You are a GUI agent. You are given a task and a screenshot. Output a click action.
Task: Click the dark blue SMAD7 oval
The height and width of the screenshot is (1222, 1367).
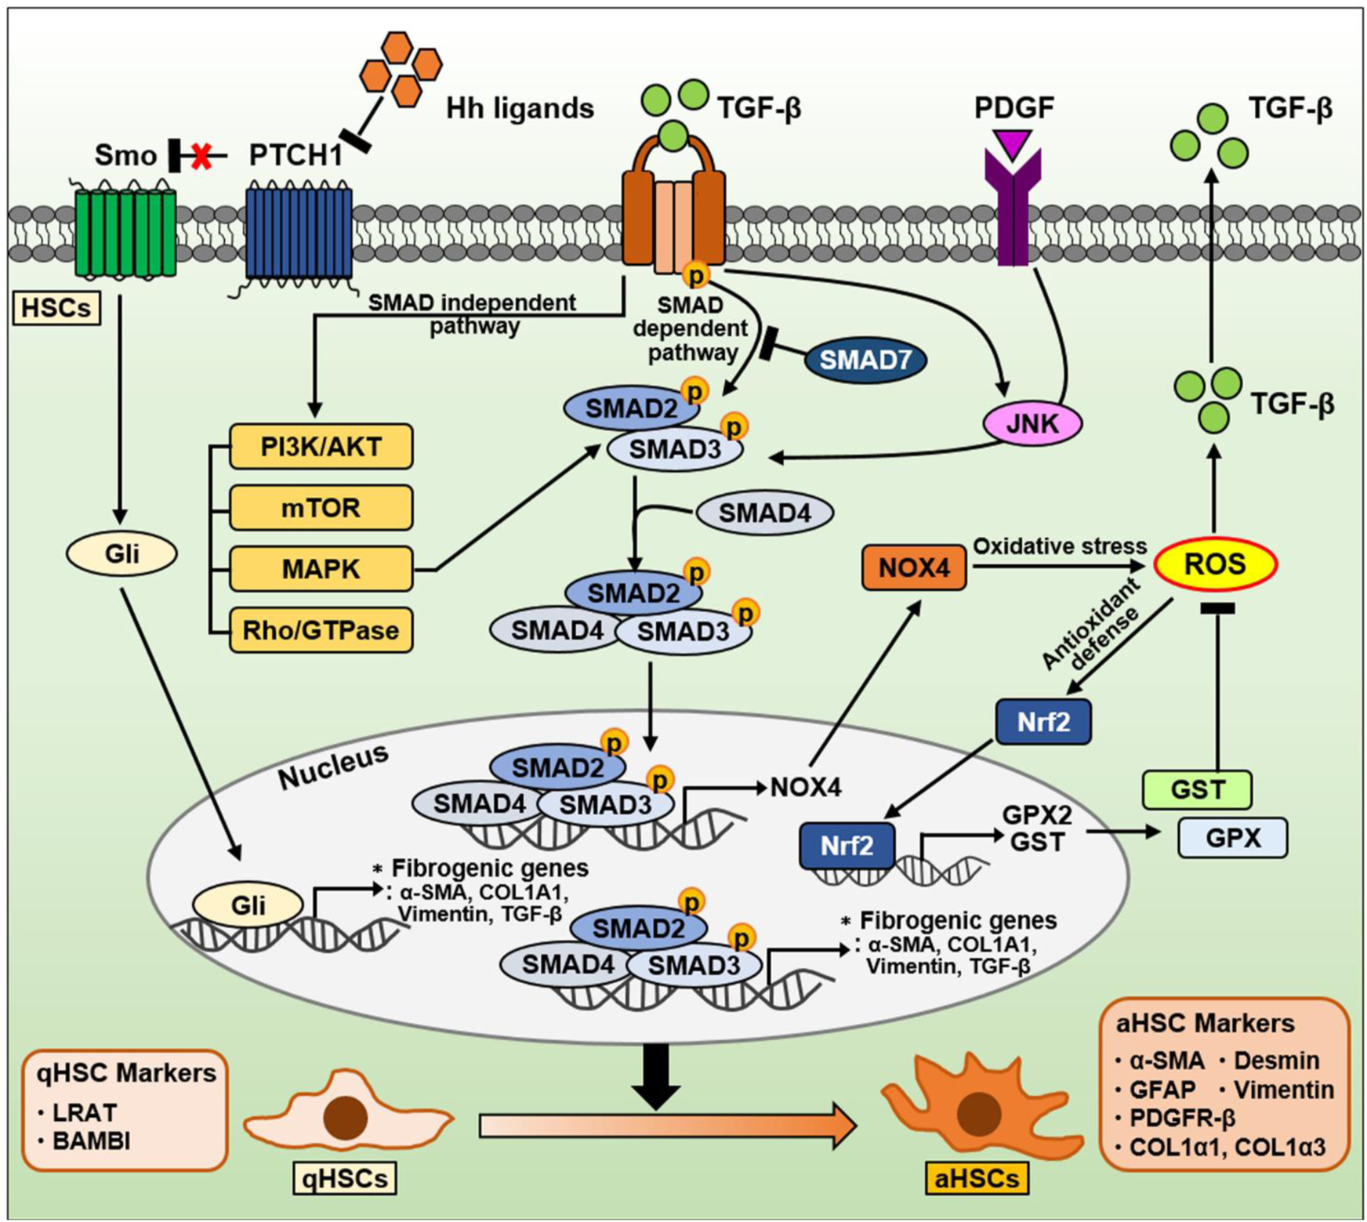(865, 360)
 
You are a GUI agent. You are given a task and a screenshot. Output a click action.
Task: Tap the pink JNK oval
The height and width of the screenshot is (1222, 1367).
(1032, 423)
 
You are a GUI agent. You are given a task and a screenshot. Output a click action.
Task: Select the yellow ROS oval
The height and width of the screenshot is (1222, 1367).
(1215, 564)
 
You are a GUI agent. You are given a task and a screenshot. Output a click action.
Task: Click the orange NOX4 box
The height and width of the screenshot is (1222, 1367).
(914, 567)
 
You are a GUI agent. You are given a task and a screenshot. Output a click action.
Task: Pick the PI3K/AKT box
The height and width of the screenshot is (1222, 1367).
(321, 447)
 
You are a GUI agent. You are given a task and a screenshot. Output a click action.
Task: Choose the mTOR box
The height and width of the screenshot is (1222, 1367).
(321, 508)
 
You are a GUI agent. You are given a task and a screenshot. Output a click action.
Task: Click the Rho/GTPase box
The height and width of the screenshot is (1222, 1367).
(321, 629)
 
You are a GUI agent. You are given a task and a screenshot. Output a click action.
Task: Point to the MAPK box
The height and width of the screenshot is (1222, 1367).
(321, 569)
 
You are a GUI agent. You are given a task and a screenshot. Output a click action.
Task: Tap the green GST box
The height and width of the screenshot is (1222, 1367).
(1197, 789)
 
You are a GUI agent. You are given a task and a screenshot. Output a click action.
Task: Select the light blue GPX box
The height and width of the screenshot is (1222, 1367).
(1233, 838)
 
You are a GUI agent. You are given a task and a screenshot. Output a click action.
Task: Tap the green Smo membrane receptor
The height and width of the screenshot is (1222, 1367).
(125, 233)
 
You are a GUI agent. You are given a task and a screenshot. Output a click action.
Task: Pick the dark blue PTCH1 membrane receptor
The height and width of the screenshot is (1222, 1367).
(299, 233)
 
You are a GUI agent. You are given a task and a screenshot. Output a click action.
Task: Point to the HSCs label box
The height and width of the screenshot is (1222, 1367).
(56, 308)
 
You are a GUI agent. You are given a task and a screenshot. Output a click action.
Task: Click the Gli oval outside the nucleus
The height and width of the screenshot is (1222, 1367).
(121, 554)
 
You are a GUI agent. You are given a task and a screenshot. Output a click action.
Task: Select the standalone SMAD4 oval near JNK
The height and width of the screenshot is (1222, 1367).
(764, 513)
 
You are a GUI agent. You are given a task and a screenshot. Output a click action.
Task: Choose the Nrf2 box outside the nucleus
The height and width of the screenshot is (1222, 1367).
(1042, 722)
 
